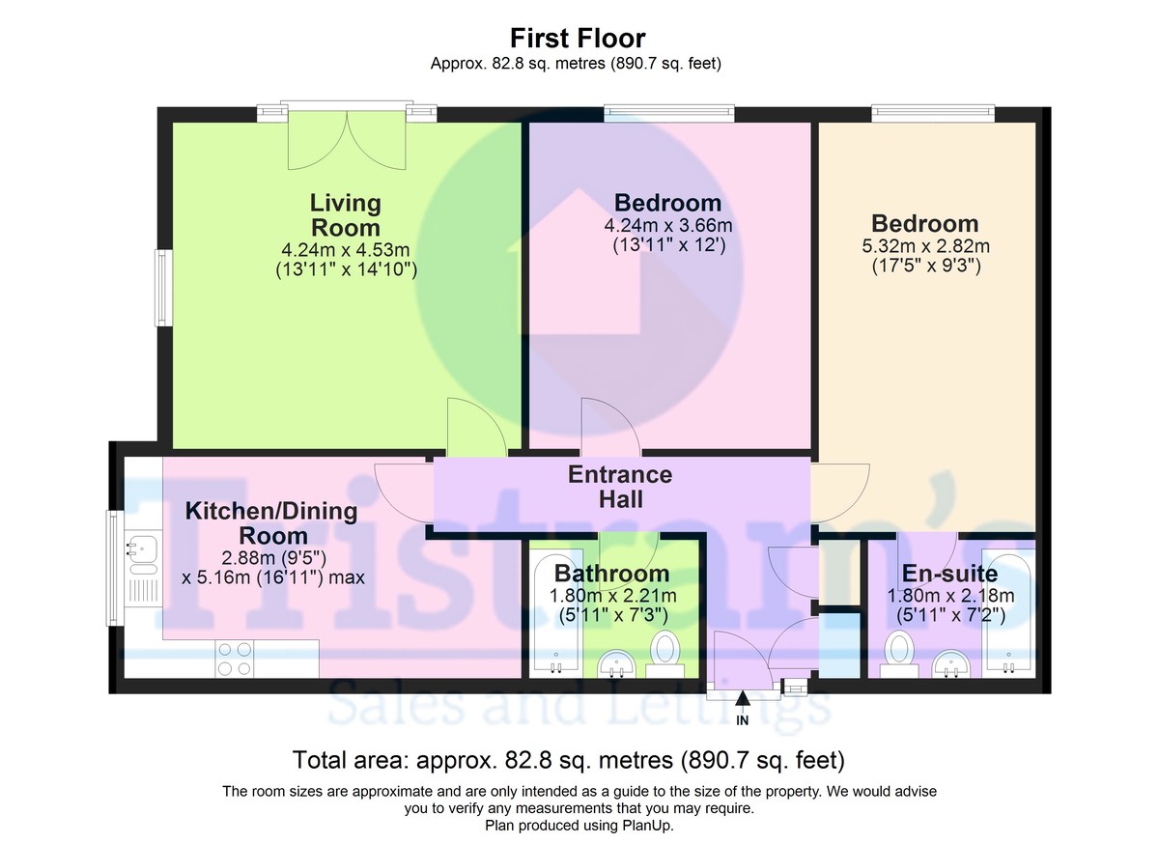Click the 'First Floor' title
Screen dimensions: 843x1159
point(578,39)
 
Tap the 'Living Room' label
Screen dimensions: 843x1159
point(345,215)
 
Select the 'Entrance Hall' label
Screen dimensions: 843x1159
point(619,487)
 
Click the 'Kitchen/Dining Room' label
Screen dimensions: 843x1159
point(270,522)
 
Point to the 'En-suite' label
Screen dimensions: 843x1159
point(949,575)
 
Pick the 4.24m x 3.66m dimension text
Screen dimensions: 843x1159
point(669,225)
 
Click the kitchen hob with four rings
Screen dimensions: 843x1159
point(235,659)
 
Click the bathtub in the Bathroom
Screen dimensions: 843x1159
point(554,614)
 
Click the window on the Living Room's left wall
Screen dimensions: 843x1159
point(164,288)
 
